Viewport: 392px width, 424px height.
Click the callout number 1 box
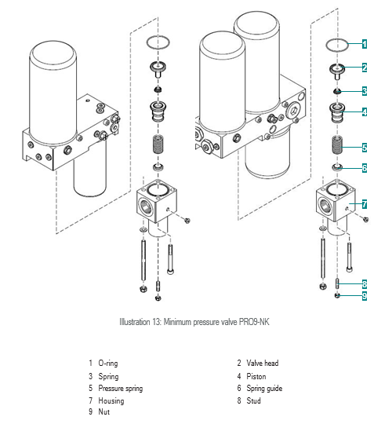pyautogui.click(x=365, y=44)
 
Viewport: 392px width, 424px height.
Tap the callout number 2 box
pyautogui.click(x=365, y=67)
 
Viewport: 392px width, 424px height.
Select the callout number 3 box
pyautogui.click(x=365, y=91)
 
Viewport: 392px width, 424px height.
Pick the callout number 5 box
pyautogui.click(x=365, y=148)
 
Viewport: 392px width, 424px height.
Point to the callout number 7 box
pyautogui.click(x=365, y=204)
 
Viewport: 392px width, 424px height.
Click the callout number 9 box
pyautogui.click(x=365, y=295)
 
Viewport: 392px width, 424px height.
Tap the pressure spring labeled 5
pyautogui.click(x=337, y=145)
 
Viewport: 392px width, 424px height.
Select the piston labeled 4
pyautogui.click(x=337, y=113)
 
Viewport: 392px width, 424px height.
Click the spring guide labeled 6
pyautogui.click(x=337, y=167)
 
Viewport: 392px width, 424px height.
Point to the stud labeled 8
pyautogui.click(x=337, y=283)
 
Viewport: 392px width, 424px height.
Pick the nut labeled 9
pyautogui.click(x=337, y=295)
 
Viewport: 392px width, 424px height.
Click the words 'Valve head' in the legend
pyautogui.click(x=262, y=363)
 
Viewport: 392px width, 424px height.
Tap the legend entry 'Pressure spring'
pyautogui.click(x=121, y=389)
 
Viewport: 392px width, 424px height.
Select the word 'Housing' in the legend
pyautogui.click(x=111, y=400)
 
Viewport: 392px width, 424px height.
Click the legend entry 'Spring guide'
pyautogui.click(x=264, y=389)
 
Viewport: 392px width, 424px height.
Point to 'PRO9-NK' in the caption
pyautogui.click(x=254, y=322)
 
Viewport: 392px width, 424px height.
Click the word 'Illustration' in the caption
pyautogui.click(x=135, y=322)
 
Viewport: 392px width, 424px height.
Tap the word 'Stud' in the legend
pyautogui.click(x=253, y=400)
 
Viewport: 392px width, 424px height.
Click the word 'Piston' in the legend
pyautogui.click(x=256, y=376)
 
